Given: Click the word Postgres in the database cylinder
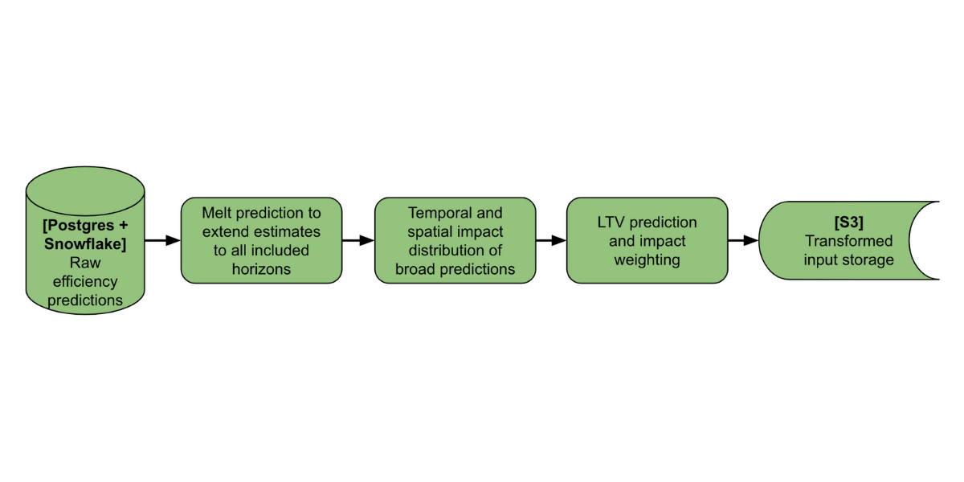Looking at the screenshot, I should point(80,226).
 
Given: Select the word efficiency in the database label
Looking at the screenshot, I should point(85,282).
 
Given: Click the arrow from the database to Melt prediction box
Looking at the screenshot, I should point(162,240).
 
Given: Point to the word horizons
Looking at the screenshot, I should point(262,269).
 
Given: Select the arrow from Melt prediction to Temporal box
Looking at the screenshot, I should point(358,240).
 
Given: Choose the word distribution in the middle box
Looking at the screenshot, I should point(442,251).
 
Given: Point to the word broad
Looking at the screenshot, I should point(415,269).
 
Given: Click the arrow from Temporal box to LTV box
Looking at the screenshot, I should point(551,240).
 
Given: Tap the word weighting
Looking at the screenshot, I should point(647,259).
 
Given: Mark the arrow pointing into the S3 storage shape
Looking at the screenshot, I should point(743,240).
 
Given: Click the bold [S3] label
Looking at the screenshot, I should point(848,222).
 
